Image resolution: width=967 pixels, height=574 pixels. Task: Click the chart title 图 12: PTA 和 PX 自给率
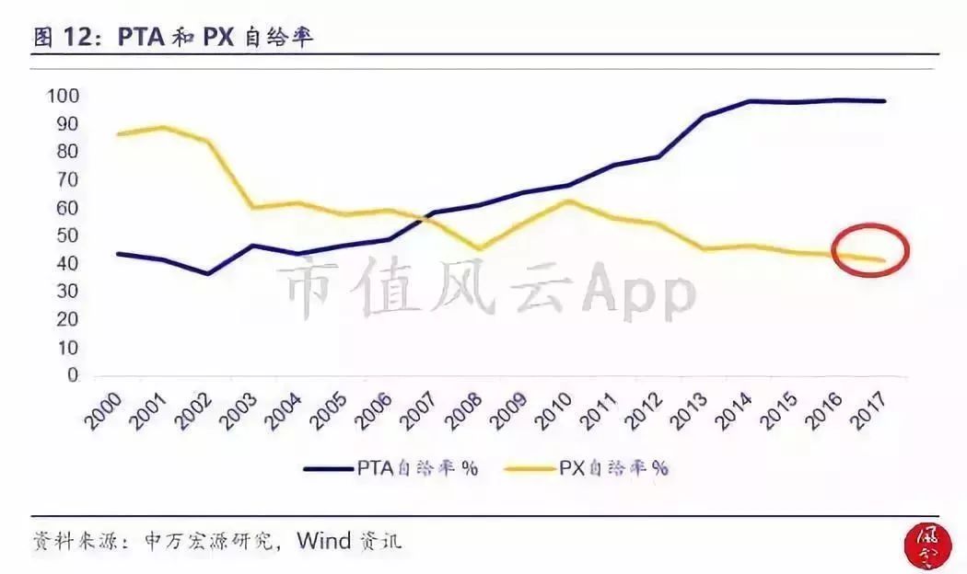(x=175, y=37)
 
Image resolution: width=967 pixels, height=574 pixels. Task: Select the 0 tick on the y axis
(x=73, y=376)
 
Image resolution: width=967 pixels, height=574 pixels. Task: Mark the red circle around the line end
(x=869, y=249)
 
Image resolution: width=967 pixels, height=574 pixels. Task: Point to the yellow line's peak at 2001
(x=163, y=127)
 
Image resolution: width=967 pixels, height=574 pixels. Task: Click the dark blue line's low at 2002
(x=208, y=274)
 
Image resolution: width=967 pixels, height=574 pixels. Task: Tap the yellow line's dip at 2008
(x=479, y=248)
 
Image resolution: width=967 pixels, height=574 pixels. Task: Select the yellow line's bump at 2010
(x=569, y=201)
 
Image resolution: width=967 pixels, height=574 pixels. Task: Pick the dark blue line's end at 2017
(x=884, y=101)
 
